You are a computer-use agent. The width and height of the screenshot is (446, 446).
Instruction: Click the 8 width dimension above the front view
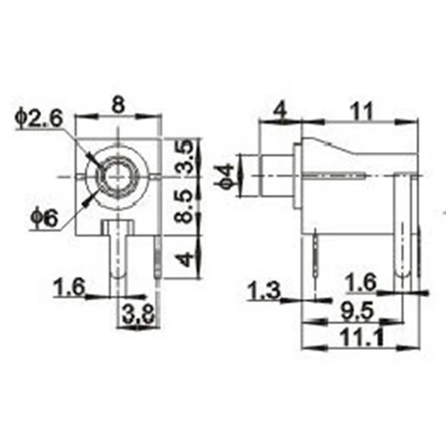(118, 105)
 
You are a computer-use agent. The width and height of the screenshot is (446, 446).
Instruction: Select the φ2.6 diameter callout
(41, 118)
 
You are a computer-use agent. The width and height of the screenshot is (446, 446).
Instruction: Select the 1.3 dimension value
(264, 290)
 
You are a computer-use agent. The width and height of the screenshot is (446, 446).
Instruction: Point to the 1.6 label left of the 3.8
(69, 288)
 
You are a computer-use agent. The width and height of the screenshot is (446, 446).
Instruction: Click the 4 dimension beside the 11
(280, 111)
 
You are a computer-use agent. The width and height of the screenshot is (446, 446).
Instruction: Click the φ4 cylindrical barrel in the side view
(277, 176)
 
